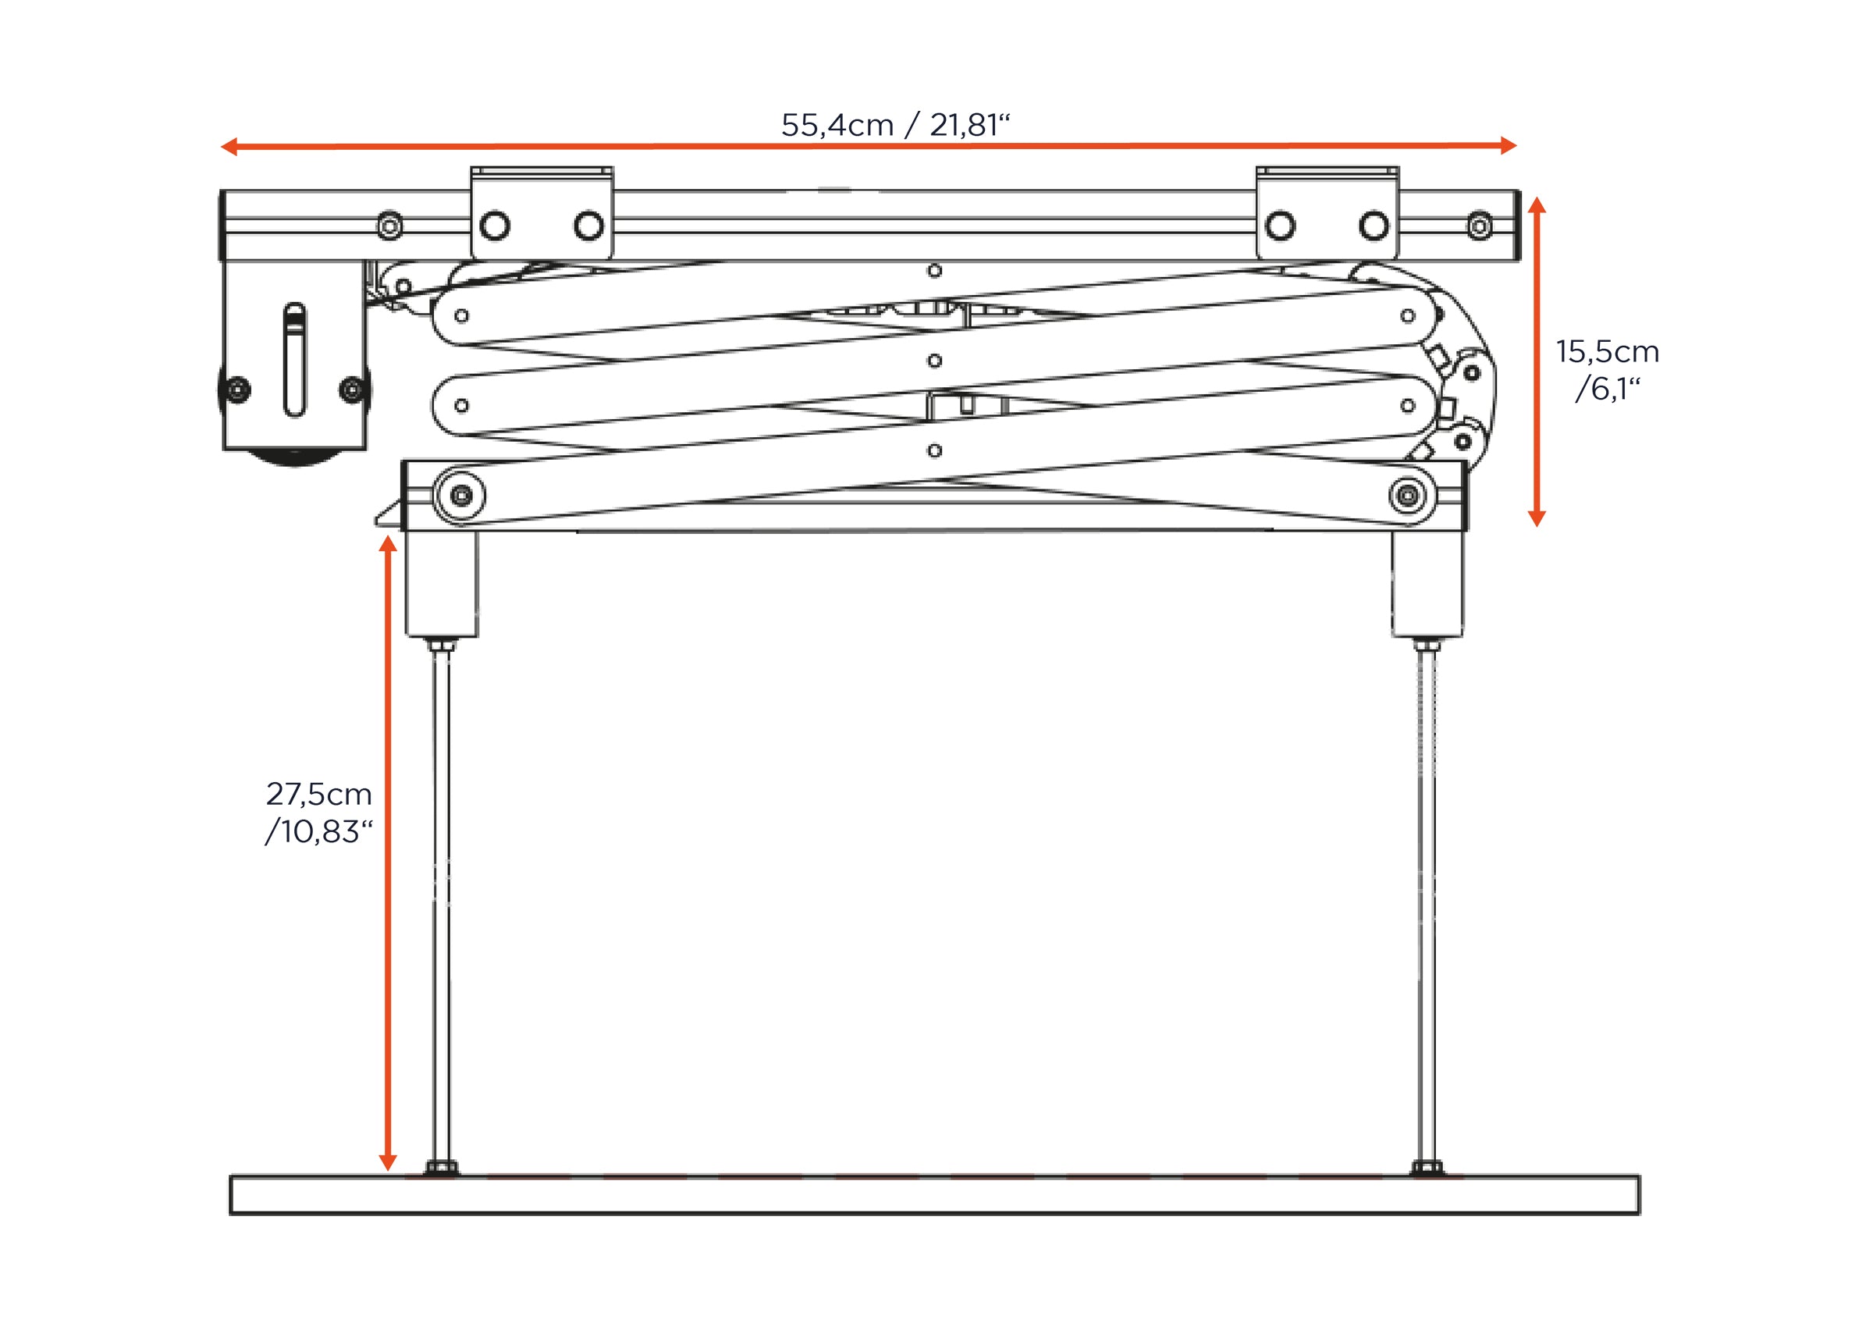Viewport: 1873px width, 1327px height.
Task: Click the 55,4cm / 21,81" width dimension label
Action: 895,125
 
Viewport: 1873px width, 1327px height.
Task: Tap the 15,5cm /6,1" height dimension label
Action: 1608,369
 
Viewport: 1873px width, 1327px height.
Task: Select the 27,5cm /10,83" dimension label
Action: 318,813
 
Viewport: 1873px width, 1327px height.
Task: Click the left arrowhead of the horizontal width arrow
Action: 229,147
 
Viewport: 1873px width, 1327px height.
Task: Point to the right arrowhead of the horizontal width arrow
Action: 1508,146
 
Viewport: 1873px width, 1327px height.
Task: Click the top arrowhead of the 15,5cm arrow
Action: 1537,206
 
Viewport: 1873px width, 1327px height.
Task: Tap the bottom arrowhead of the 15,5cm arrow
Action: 1537,518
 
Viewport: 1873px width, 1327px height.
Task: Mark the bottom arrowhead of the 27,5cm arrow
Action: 388,1162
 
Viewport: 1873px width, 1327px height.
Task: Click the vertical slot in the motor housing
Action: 295,359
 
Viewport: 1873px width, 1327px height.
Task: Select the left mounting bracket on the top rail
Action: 542,213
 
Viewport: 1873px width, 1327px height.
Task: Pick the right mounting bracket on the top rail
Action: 1327,213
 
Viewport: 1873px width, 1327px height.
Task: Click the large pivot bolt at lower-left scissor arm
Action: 461,495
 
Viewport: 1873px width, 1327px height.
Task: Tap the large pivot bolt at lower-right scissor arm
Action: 1406,495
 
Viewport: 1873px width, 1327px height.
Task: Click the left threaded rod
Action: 441,898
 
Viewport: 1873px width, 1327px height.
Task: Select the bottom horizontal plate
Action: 933,1194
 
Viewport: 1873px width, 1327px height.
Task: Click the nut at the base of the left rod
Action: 441,1168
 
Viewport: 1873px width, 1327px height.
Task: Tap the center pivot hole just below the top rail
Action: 934,270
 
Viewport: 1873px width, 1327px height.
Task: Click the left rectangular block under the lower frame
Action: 442,582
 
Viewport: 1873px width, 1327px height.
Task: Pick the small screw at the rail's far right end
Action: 1480,226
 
